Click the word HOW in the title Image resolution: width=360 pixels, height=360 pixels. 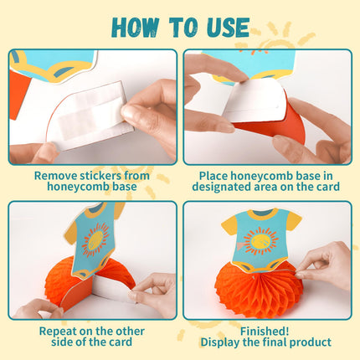click(135, 27)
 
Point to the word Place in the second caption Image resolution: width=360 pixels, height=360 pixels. click(213, 176)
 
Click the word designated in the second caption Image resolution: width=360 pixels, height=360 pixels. click(221, 187)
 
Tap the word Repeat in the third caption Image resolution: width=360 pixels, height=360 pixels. click(58, 332)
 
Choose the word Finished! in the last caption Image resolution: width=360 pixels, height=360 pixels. click(265, 332)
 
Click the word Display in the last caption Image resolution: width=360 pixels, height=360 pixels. click(221, 342)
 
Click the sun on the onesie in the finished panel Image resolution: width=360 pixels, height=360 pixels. click(261, 241)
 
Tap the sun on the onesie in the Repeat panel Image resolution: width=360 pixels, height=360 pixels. click(95, 239)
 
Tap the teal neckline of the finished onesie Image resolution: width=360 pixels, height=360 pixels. click(262, 213)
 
